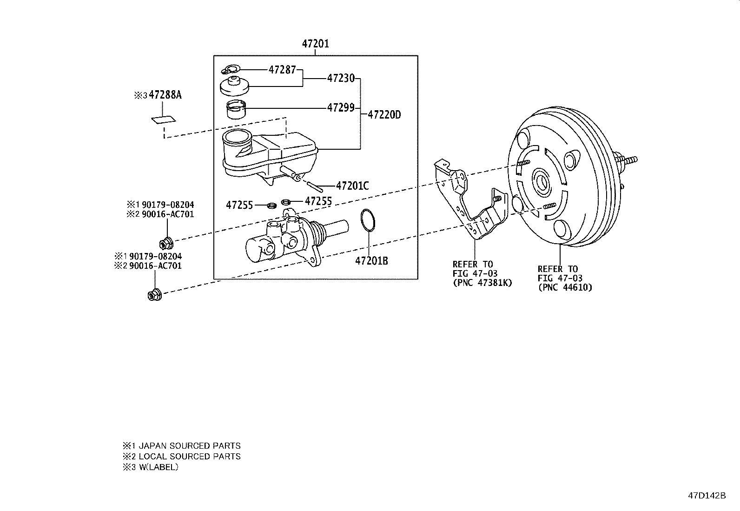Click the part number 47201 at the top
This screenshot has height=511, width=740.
tap(315, 44)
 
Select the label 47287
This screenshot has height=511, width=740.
tap(282, 70)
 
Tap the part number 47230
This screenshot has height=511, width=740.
tap(341, 78)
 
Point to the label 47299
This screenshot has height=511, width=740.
tap(341, 108)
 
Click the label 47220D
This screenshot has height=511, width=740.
tap(384, 114)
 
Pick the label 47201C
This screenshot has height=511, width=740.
tap(352, 186)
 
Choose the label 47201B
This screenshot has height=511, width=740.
tap(371, 261)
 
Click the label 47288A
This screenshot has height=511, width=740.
tap(165, 95)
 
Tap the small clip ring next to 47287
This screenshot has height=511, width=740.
tap(230, 70)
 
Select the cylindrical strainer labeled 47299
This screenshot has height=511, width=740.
tap(236, 110)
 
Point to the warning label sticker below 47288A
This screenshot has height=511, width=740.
tap(163, 119)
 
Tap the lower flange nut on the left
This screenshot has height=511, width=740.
tap(153, 294)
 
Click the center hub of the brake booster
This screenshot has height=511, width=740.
tap(542, 182)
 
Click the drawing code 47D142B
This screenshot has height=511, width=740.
tap(707, 495)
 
